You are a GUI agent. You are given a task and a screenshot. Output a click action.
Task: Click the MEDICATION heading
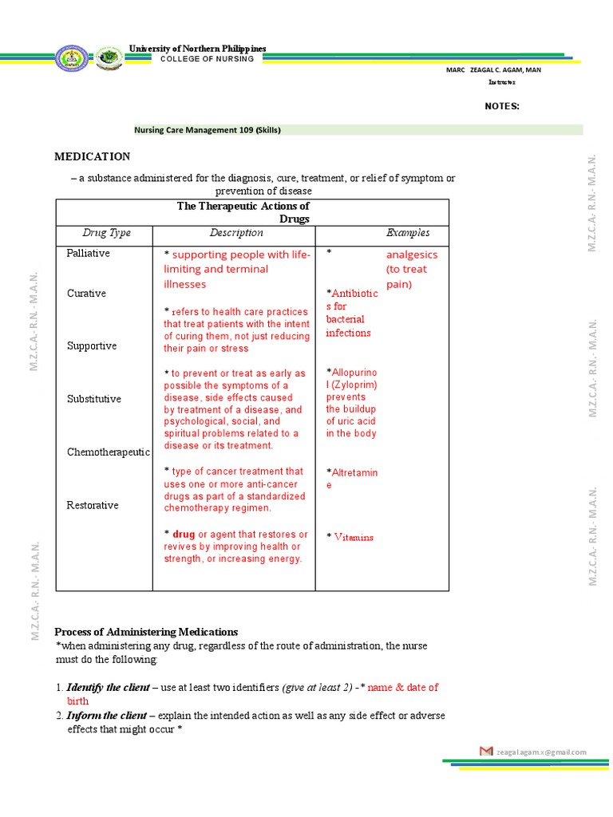(x=92, y=156)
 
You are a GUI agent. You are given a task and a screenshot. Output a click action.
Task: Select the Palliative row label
(x=89, y=253)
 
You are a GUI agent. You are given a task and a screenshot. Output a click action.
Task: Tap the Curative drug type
(x=86, y=294)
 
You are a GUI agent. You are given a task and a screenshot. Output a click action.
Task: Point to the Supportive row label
(x=92, y=346)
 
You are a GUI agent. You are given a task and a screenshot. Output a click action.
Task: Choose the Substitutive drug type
(x=94, y=399)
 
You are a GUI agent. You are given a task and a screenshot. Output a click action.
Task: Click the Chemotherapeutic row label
(x=109, y=452)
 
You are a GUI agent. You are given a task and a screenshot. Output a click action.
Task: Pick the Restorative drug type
(x=93, y=505)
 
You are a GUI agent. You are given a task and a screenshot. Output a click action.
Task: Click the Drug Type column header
(x=106, y=233)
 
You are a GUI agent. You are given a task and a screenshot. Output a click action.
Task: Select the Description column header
(x=236, y=233)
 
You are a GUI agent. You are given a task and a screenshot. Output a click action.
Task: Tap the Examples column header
(x=408, y=233)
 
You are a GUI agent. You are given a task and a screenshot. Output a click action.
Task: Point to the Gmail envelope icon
(x=486, y=752)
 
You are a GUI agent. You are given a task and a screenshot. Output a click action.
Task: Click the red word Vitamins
(x=354, y=538)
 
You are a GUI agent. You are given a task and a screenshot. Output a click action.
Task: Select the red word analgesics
(x=412, y=255)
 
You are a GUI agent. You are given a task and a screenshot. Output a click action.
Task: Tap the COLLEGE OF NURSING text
(x=207, y=59)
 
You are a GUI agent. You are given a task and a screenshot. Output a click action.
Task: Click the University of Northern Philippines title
(x=198, y=49)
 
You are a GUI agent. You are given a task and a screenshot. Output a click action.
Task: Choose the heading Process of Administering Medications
(x=147, y=632)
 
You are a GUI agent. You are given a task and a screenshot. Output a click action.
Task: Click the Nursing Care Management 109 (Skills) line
(x=207, y=130)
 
